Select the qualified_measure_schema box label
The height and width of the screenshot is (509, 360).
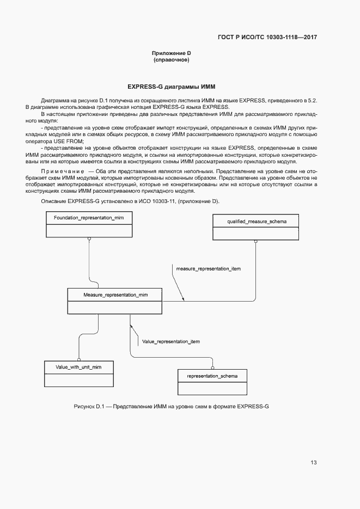point(255,221)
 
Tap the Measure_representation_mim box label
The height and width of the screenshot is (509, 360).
point(115,295)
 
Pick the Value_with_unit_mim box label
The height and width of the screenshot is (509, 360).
point(78,367)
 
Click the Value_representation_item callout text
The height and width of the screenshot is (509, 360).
point(170,342)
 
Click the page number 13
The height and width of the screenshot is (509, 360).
point(314,463)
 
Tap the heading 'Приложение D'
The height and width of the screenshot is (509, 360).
point(171,53)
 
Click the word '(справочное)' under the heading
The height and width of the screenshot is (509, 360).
point(171,60)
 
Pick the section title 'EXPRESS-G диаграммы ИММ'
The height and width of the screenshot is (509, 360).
point(171,87)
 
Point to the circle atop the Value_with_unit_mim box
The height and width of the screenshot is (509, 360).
point(78,359)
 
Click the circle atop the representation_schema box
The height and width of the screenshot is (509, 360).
point(212,368)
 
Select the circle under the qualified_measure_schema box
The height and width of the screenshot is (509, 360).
point(255,243)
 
